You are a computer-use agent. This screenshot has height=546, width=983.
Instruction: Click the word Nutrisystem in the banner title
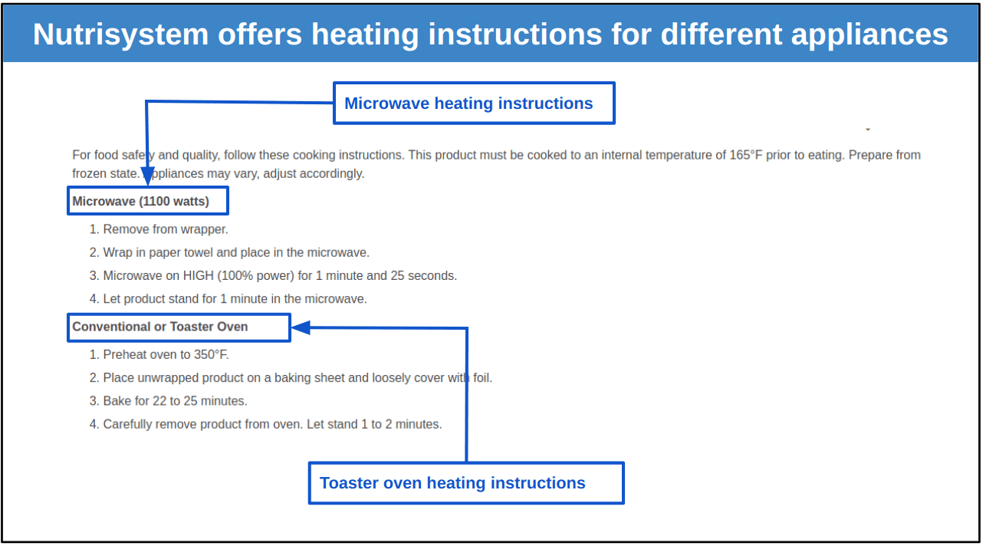120,35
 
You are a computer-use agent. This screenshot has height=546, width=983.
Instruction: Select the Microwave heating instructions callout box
474,104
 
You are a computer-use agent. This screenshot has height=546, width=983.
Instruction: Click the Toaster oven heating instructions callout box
466,483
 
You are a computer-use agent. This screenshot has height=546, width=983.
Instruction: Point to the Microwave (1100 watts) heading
140,201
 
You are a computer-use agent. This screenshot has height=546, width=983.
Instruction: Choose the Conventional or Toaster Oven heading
160,327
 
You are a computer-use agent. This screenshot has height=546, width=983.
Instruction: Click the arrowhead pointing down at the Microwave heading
148,176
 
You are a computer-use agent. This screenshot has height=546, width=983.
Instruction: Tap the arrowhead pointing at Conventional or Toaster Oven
301,327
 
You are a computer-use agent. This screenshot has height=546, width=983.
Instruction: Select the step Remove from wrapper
159,229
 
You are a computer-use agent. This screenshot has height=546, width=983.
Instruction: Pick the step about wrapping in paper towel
229,252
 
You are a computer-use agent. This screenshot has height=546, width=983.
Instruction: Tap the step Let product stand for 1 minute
228,299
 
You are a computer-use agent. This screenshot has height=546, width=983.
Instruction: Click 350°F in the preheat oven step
212,354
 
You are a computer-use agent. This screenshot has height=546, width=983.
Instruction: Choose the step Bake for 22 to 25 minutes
169,401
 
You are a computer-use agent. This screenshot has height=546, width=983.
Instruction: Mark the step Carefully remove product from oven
266,424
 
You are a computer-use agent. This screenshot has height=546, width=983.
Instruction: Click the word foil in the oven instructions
482,378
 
